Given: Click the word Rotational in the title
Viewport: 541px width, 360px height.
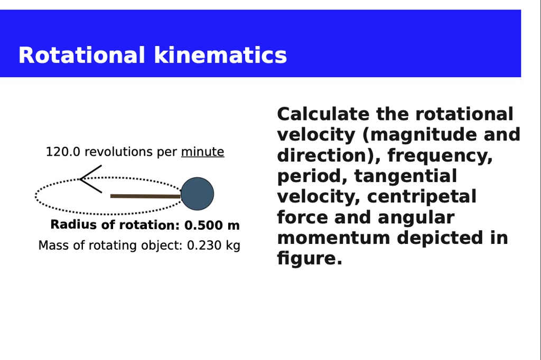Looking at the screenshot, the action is pyautogui.click(x=81, y=55).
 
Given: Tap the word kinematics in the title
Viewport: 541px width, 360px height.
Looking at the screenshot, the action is pyautogui.click(x=220, y=55).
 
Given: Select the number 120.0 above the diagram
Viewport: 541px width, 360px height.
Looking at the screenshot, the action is pyautogui.click(x=63, y=151).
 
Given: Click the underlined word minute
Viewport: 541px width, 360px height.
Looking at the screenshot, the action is pyautogui.click(x=202, y=151).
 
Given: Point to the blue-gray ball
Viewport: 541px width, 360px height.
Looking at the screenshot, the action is pyautogui.click(x=198, y=194).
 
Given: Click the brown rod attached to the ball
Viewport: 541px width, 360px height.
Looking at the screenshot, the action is pyautogui.click(x=146, y=196).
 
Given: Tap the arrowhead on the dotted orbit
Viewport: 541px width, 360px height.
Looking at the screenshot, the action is pyautogui.click(x=91, y=179).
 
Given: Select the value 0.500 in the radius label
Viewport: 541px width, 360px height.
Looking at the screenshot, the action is pyautogui.click(x=203, y=225).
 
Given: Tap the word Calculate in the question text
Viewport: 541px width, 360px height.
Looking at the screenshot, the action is pyautogui.click(x=323, y=114).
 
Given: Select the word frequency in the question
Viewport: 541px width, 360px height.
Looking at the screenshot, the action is pyautogui.click(x=440, y=156).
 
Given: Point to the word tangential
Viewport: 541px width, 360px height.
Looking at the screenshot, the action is pyautogui.click(x=406, y=176).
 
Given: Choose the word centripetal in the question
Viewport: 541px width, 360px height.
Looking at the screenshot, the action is pyautogui.click(x=422, y=197).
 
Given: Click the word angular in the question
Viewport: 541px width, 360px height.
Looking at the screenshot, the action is pyautogui.click(x=416, y=218).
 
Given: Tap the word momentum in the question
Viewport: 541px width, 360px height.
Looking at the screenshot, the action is pyautogui.click(x=334, y=238).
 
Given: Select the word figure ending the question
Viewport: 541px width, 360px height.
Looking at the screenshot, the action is pyautogui.click(x=310, y=259).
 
